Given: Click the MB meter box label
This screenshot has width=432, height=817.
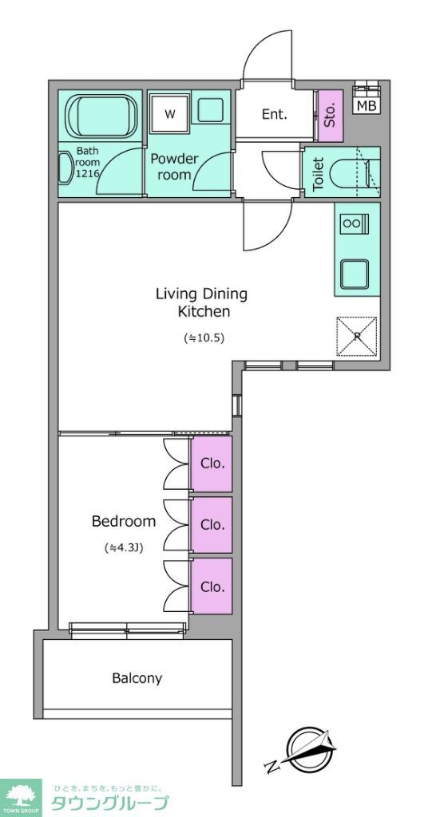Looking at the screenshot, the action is click(x=367, y=106).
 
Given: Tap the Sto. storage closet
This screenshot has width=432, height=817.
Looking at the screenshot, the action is click(x=331, y=116).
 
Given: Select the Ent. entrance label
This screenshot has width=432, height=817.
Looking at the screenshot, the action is click(x=275, y=115).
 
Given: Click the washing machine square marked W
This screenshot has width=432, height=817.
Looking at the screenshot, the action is click(x=169, y=114).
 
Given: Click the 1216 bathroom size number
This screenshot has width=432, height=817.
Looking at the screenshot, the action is click(x=87, y=174).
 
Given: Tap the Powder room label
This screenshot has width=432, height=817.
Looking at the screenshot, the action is click(x=174, y=167).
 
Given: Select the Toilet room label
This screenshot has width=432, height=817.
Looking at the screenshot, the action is click(x=319, y=173).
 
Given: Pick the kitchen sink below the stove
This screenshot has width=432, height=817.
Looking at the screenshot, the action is click(x=355, y=274).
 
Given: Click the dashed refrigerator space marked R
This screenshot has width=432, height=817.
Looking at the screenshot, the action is click(x=357, y=336).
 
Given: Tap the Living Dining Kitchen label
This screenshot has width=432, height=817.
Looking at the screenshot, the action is click(x=201, y=302).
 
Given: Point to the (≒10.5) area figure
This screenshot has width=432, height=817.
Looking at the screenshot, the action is click(x=204, y=338).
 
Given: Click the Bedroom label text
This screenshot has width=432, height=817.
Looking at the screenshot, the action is click(x=124, y=521).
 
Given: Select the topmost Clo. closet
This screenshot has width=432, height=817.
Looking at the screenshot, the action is click(x=212, y=464).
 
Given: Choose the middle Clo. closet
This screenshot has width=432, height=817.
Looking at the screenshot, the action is click(x=212, y=525).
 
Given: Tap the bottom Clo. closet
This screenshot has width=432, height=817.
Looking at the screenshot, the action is click(x=212, y=586).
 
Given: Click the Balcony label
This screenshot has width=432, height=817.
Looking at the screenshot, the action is click(x=137, y=678).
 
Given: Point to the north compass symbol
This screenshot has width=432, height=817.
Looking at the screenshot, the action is click(x=300, y=749).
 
